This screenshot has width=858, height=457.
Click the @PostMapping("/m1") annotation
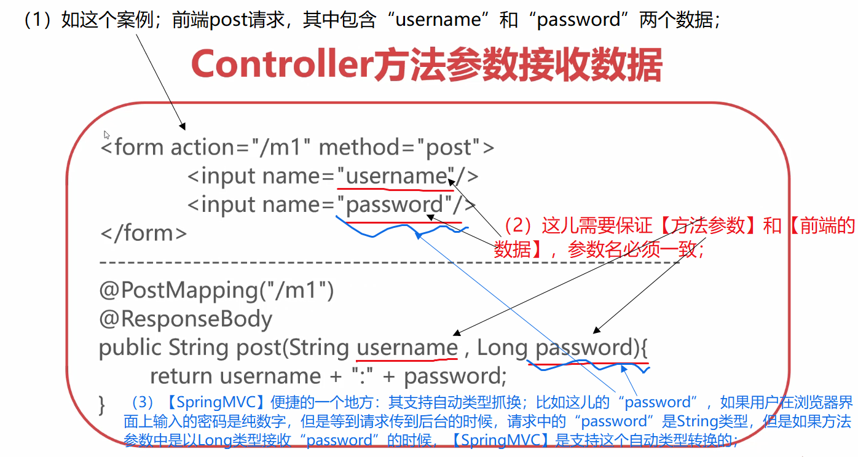216,290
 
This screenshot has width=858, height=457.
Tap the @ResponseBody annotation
186,319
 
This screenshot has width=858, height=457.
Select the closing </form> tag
143,233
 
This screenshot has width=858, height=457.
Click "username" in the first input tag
396,176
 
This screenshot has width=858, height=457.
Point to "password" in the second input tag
395,205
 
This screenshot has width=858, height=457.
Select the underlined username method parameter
407,348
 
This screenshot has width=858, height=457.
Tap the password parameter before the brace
584,348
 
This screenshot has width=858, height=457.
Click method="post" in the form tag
401,147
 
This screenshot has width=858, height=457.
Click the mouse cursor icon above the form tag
106,135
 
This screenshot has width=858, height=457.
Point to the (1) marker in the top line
39,20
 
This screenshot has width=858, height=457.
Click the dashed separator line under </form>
387,262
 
